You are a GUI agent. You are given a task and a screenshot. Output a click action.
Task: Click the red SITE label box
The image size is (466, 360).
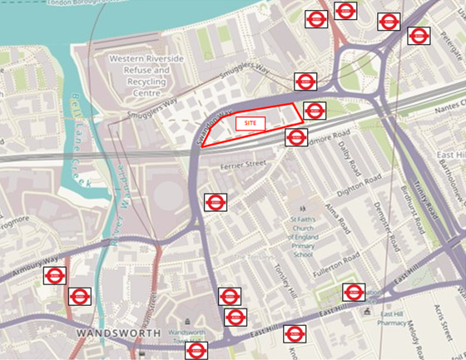point(250,123)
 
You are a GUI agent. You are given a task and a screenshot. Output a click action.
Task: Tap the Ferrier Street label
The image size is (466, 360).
point(242,165)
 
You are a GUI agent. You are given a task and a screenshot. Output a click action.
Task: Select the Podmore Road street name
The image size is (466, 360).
point(330,138)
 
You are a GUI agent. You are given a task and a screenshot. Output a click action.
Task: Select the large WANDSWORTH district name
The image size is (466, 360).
point(116,333)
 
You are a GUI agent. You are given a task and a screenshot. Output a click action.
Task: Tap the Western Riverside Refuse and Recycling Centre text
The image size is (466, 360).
point(140,71)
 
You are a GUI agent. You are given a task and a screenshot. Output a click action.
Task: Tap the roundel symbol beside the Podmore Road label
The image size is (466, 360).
point(296,137)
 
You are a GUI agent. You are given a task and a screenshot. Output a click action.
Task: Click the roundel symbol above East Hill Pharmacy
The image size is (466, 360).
point(354,292)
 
